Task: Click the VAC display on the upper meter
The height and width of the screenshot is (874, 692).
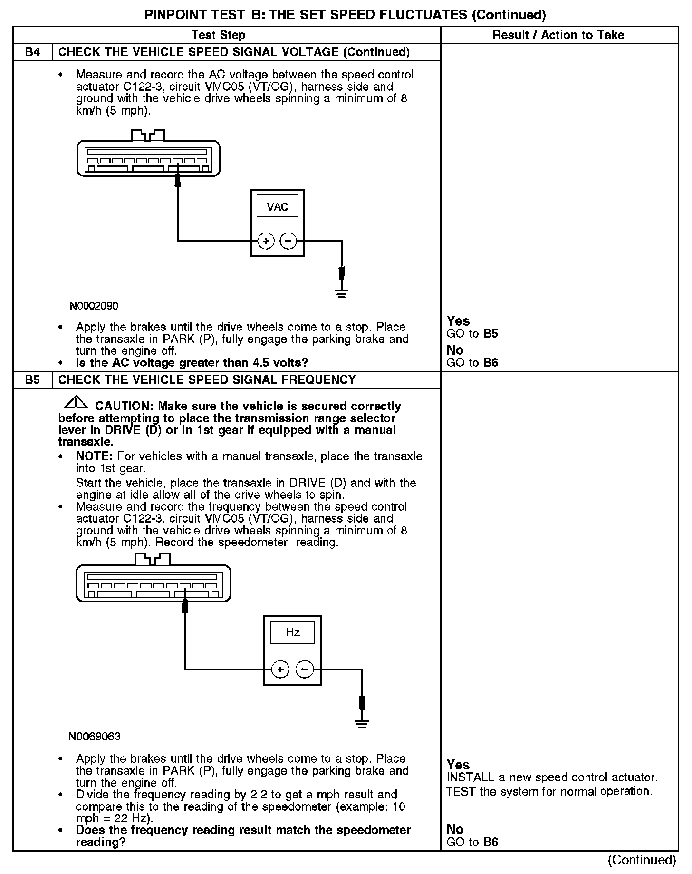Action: (x=277, y=206)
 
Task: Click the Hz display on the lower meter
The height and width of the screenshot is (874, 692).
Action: (x=292, y=632)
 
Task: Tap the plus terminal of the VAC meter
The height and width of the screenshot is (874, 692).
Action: (x=266, y=241)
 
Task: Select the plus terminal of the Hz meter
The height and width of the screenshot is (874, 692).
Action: (x=280, y=670)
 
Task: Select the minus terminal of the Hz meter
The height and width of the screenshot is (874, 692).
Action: (x=305, y=670)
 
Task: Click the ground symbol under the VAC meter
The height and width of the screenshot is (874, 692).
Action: (x=341, y=293)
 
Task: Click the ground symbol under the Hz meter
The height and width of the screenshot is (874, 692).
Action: (x=362, y=724)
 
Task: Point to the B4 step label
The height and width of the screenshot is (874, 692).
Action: (x=32, y=52)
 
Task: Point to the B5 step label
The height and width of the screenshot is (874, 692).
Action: (x=32, y=380)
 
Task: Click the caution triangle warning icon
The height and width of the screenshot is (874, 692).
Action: (x=76, y=403)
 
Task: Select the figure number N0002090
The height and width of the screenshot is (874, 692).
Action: (x=94, y=306)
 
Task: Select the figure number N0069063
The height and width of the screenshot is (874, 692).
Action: (x=94, y=737)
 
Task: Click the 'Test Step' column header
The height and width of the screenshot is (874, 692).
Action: (x=218, y=35)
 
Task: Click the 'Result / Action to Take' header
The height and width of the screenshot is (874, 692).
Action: (x=558, y=35)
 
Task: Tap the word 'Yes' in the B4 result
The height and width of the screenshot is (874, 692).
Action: (x=458, y=321)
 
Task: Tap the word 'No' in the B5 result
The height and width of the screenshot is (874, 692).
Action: (x=455, y=829)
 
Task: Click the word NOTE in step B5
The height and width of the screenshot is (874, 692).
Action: (x=94, y=456)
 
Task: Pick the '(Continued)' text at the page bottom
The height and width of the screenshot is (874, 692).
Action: (x=642, y=860)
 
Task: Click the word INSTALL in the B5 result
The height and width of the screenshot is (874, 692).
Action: (x=470, y=777)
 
